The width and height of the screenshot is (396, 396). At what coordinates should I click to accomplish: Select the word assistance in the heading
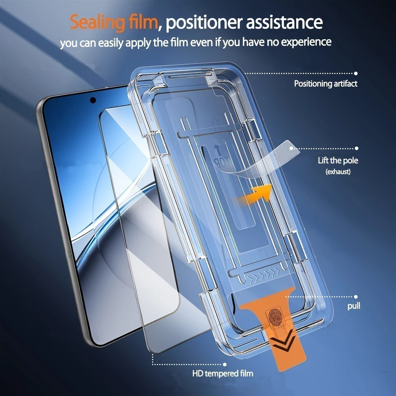(x=284, y=23)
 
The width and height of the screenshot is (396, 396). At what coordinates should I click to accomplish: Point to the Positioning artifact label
(x=326, y=84)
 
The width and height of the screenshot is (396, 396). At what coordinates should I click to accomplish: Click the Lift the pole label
(x=338, y=161)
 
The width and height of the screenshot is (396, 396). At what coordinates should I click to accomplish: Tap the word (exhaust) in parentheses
(x=338, y=172)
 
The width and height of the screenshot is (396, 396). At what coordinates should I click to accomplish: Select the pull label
(x=354, y=306)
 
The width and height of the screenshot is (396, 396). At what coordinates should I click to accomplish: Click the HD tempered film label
(x=223, y=373)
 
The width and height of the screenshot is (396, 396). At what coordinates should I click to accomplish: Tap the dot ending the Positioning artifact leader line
(x=356, y=73)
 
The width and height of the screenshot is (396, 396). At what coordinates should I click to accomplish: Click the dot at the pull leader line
(x=356, y=296)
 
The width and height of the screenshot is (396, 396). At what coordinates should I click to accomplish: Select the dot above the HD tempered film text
(x=225, y=364)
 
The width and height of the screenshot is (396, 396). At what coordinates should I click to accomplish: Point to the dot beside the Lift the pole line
(x=356, y=148)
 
